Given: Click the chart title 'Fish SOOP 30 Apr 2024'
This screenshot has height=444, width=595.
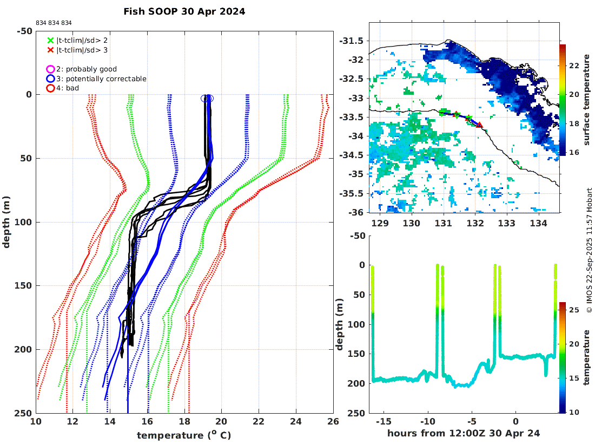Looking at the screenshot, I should coord(184,11).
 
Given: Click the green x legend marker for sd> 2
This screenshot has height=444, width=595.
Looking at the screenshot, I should coord(50,40).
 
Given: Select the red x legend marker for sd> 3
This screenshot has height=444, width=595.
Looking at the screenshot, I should coord(50,50).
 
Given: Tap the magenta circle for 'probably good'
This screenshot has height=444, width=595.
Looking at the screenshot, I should coord(50,69).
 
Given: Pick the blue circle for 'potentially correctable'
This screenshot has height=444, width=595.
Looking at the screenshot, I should coord(50,79).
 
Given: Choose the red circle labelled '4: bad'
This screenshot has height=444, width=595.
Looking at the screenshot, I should coord(50,88).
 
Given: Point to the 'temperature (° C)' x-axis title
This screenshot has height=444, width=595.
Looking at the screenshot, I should coord(184,435).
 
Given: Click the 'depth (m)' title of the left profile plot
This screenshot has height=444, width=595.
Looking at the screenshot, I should coord(7,222).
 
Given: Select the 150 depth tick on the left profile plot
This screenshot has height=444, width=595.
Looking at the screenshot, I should coord(23,286).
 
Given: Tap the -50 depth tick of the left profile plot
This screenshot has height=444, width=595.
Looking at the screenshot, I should coord(23,31).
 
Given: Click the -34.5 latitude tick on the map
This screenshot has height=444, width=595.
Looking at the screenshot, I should coord(354,155).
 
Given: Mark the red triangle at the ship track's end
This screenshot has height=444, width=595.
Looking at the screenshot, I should coord(480,125).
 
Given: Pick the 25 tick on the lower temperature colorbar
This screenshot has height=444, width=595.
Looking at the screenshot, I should coord(574,310).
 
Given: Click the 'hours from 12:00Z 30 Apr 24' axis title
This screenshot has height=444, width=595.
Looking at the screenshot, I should coord(464,433).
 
